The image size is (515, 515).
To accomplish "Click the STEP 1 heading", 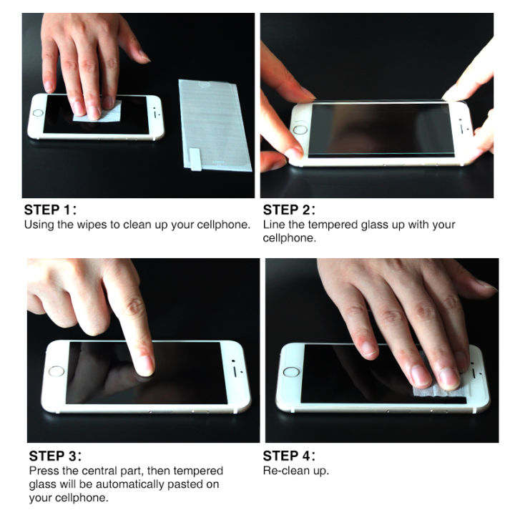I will [50, 210].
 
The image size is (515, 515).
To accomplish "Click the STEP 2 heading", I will [290, 210].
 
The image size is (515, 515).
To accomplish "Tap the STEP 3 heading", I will [55, 456].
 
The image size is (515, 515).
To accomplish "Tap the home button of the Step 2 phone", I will [300, 130].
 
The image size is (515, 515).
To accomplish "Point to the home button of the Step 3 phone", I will [56, 371].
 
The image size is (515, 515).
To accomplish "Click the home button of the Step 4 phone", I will [290, 371].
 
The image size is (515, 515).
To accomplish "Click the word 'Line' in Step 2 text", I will [275, 225].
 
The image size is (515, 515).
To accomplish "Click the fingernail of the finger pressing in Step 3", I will [144, 365].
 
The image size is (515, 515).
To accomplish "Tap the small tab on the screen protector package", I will [194, 158].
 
